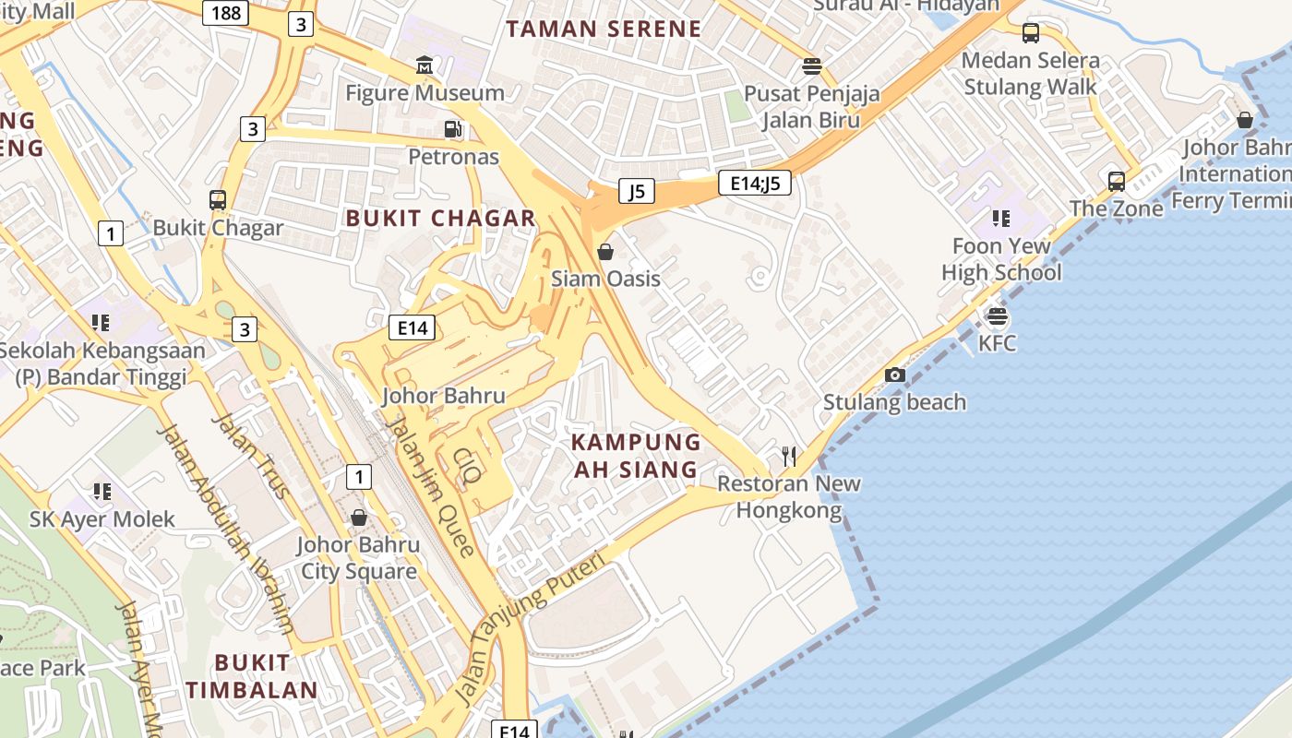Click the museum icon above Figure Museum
click(425, 65)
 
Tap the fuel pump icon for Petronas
click(452, 129)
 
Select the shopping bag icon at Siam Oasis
click(605, 251)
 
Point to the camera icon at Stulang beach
click(894, 375)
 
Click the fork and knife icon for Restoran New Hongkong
click(789, 456)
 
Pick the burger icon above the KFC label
click(997, 316)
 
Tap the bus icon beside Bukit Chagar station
click(218, 199)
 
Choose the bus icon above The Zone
click(1116, 181)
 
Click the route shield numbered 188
click(226, 12)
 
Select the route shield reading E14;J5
click(755, 183)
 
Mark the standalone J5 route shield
click(636, 191)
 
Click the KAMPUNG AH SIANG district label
click(636, 456)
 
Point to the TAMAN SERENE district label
click(604, 29)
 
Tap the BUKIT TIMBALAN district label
click(251, 676)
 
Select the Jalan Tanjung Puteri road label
click(531, 627)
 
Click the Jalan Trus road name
click(251, 455)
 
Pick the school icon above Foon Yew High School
click(1001, 219)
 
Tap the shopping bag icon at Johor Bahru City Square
click(359, 518)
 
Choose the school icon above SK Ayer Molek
click(102, 492)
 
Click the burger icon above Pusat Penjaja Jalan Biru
click(812, 65)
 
